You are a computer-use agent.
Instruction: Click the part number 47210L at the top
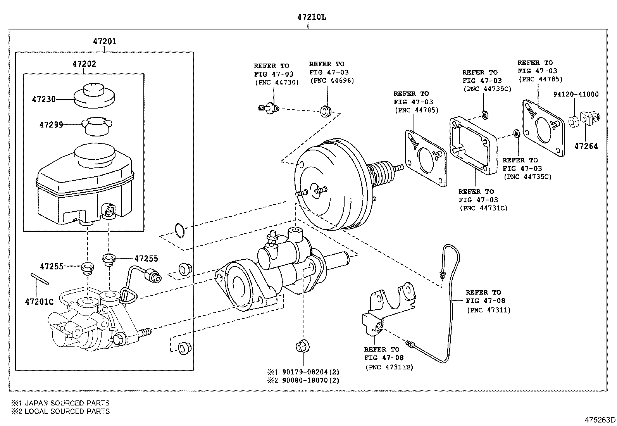pyautogui.click(x=311, y=17)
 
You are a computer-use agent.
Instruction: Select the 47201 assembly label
pyautogui.click(x=105, y=41)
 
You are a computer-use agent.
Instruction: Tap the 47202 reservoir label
pyautogui.click(x=84, y=64)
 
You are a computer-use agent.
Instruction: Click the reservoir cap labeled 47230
pyautogui.click(x=94, y=95)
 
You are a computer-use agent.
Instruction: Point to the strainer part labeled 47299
pyautogui.click(x=97, y=126)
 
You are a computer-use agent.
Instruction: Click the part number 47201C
pyautogui.click(x=39, y=302)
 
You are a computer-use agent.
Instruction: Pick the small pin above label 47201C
pyautogui.click(x=40, y=279)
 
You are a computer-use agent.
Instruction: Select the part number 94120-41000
pyautogui.click(x=576, y=94)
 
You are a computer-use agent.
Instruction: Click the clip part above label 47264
pyautogui.click(x=590, y=118)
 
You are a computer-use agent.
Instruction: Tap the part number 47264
pyautogui.click(x=586, y=146)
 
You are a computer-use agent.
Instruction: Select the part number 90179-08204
pyautogui.click(x=305, y=372)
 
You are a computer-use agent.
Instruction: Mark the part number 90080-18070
pyautogui.click(x=305, y=380)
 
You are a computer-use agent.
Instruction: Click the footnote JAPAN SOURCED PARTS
pyautogui.click(x=67, y=403)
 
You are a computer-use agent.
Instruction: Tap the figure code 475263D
pyautogui.click(x=600, y=420)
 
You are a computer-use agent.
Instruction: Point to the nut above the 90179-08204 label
pyautogui.click(x=302, y=347)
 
